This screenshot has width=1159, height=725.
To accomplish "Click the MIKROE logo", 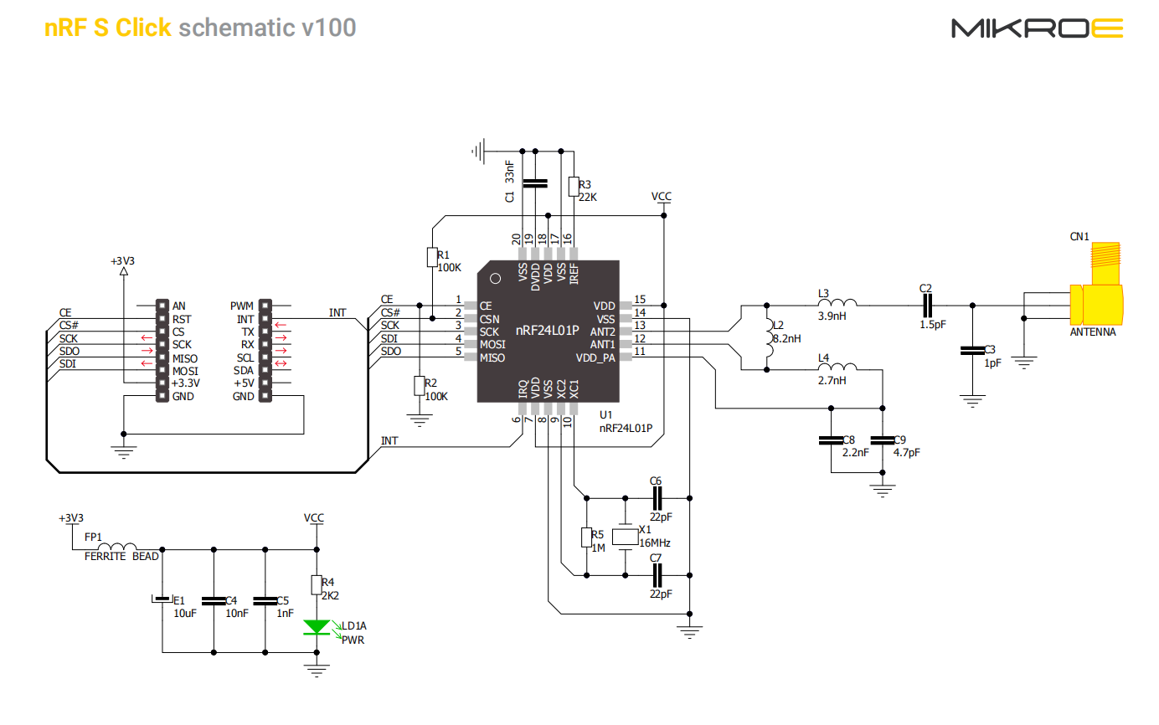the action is point(1037,28).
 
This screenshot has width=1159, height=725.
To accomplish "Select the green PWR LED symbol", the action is point(317,627).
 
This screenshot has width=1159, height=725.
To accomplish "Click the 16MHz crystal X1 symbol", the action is point(625,537).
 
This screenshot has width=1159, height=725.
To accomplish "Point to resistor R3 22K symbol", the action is point(574,187).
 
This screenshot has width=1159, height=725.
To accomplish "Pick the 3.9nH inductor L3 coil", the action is point(837,303).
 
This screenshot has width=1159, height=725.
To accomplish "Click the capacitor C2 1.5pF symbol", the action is point(927,306).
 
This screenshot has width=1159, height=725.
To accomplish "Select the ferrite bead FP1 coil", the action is point(117,546).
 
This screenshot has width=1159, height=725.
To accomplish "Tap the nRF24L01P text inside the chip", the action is point(547,330).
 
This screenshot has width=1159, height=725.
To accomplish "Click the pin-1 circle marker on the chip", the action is point(495,279).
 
